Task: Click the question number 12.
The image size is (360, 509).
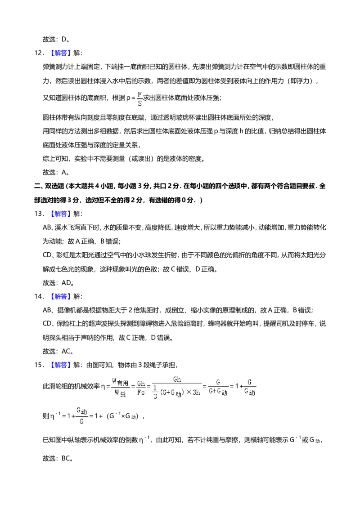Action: (x=39, y=53)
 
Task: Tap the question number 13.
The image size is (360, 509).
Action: (x=39, y=214)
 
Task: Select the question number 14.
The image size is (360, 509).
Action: (x=39, y=296)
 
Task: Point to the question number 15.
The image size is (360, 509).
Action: (x=39, y=365)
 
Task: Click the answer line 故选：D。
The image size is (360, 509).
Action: (x=56, y=39)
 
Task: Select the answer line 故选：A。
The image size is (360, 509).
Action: (x=56, y=172)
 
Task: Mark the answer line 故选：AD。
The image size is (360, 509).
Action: (x=58, y=283)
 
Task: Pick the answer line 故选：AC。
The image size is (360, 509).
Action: (x=58, y=351)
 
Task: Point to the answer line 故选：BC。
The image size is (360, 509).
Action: (x=58, y=458)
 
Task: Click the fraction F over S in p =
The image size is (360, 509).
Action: (x=139, y=98)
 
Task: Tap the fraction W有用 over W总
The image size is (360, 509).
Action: (x=120, y=387)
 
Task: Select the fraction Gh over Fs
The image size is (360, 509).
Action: (x=141, y=388)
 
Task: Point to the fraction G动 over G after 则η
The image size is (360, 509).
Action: (x=82, y=416)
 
